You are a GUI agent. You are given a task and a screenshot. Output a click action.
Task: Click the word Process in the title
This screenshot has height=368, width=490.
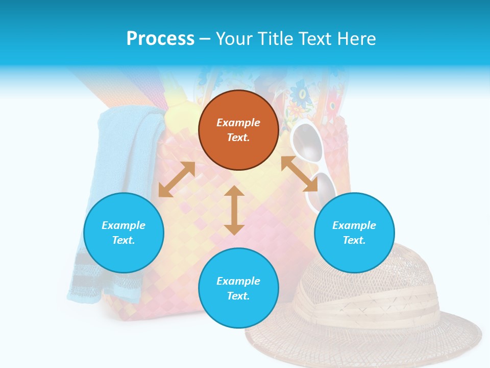tap(160, 39)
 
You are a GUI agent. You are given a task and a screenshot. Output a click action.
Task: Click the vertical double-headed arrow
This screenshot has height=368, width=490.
tap(234, 210)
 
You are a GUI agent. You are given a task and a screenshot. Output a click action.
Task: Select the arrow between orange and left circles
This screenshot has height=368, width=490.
tap(177, 179)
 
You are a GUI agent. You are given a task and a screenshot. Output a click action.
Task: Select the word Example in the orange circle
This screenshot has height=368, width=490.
tap(238, 123)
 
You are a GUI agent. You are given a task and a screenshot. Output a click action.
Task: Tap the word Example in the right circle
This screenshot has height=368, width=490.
tap(354, 225)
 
